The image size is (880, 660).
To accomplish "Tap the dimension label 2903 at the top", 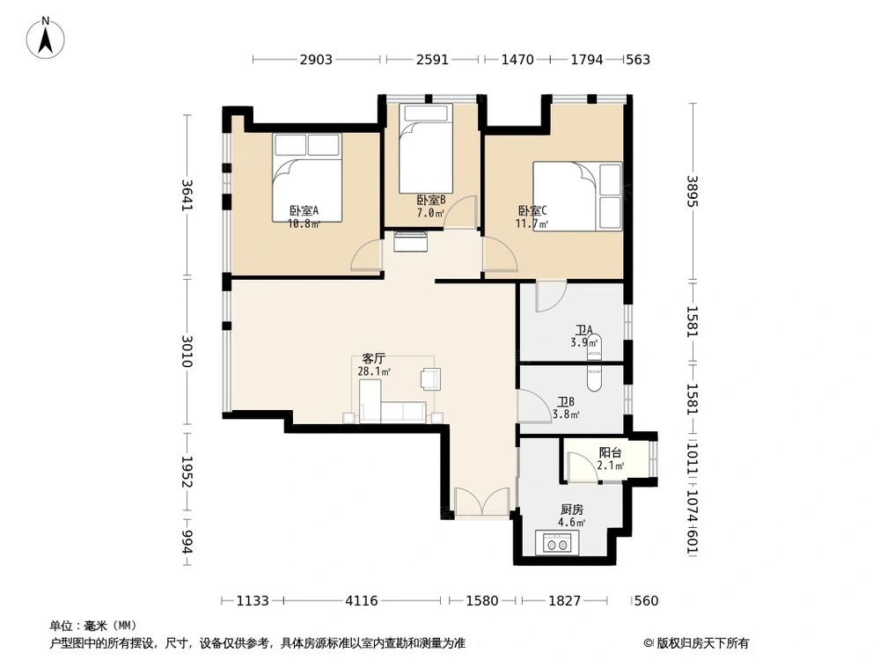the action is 316,60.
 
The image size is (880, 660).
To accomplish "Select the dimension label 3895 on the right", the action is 693,191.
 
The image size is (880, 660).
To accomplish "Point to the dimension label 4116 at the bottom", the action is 362,601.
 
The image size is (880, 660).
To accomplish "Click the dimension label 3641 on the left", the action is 187,194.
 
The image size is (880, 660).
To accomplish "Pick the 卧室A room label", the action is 304,211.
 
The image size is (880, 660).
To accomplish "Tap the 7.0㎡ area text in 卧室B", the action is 430,213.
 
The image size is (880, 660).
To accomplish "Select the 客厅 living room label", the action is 374,358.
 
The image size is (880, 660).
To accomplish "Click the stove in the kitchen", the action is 557,543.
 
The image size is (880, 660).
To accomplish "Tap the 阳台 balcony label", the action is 610,452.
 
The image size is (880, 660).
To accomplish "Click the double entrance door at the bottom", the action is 482,502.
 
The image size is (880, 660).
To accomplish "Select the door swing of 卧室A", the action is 366,256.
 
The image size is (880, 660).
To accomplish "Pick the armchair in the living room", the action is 430,378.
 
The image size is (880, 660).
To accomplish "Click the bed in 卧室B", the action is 425,149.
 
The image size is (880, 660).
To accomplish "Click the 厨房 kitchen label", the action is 572,510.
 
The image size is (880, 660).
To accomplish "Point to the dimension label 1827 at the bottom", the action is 565,601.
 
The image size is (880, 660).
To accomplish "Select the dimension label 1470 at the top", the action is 517,60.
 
